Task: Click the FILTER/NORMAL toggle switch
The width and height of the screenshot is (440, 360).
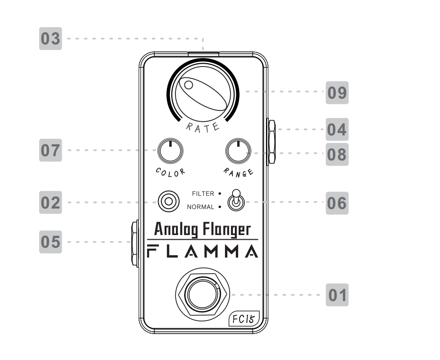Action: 234,201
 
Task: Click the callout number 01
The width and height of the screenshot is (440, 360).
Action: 337,295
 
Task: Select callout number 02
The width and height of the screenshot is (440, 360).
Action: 50,203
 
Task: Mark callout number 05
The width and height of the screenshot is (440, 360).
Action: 50,242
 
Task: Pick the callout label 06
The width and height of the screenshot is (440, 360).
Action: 337,203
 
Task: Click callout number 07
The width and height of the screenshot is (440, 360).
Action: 50,151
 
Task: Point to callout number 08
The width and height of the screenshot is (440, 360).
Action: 337,154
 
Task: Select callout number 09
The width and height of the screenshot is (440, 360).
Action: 337,92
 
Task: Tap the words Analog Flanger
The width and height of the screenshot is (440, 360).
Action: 202,230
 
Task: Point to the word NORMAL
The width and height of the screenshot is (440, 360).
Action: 201,207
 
